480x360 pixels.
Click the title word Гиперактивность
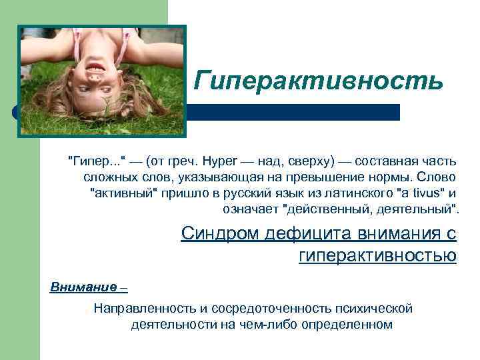[319, 81]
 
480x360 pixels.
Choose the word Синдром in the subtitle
[219, 234]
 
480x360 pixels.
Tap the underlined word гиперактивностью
[378, 255]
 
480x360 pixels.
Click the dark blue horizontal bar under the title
[293, 112]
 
